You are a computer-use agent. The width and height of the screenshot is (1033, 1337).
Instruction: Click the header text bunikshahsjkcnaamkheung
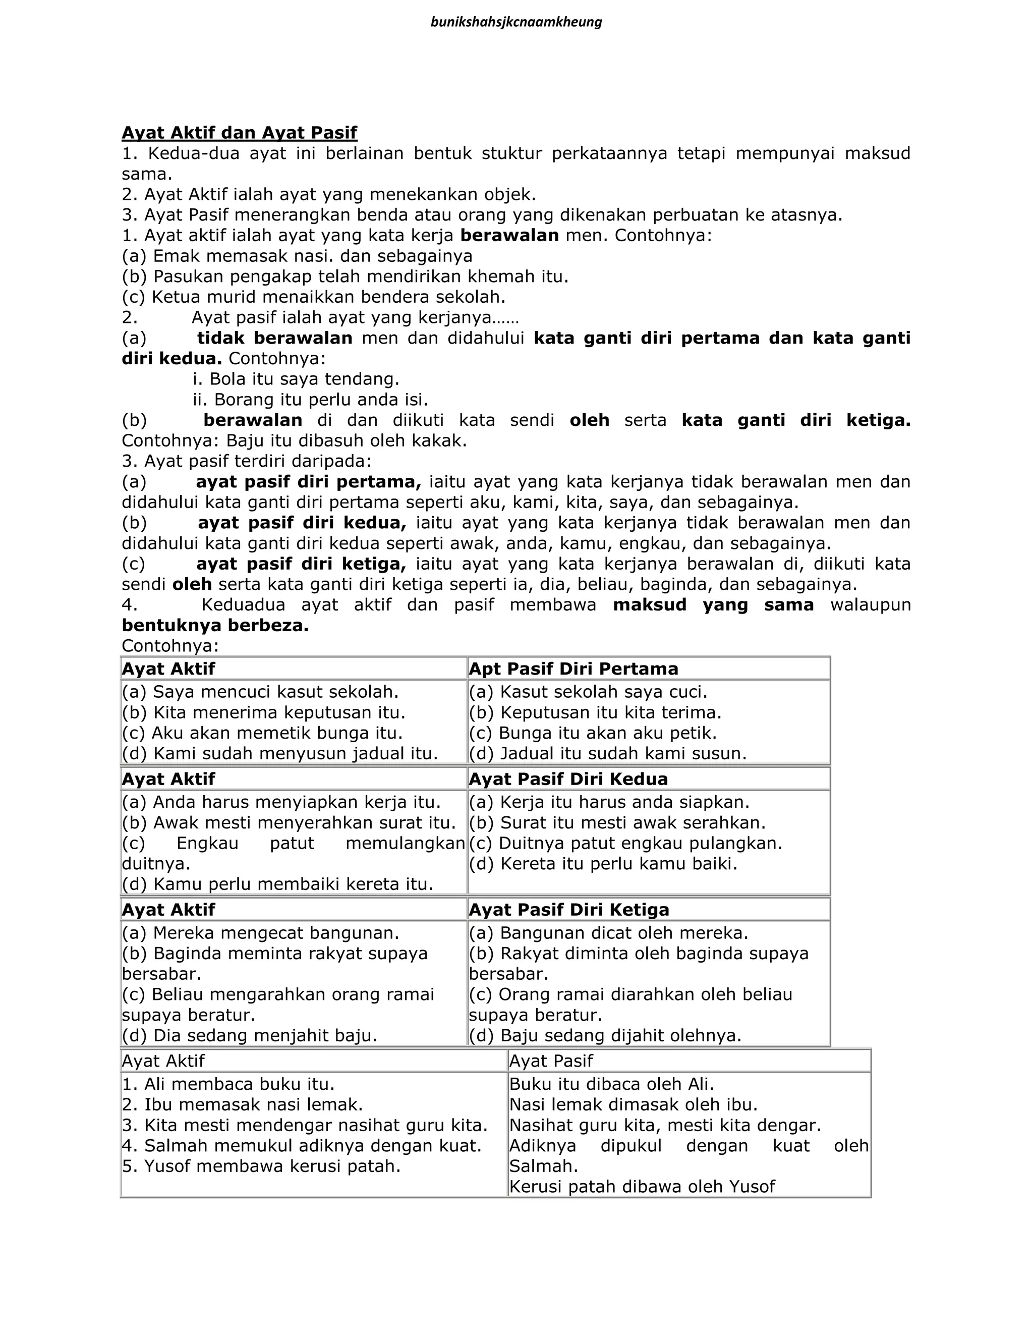coord(516,23)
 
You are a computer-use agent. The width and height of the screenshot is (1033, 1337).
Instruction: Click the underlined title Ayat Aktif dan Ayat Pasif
coord(239,132)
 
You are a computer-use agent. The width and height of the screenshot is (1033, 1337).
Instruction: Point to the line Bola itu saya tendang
coord(296,379)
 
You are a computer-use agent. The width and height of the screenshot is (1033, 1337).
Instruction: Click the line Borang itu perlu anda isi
coord(310,400)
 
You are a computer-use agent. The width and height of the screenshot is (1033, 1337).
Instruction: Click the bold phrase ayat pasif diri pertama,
coord(308,482)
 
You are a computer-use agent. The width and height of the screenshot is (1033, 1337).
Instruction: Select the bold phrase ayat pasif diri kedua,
coord(302,523)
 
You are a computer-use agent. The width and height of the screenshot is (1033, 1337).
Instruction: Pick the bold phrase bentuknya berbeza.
coord(215,626)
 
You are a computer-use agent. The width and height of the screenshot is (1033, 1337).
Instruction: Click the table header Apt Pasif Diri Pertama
coord(573,668)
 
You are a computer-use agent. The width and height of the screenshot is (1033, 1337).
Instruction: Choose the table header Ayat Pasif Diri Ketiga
coord(568,910)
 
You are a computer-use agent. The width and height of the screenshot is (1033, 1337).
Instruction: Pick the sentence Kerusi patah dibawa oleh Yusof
coord(642,1187)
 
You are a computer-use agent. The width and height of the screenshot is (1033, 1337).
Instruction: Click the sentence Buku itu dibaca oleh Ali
coord(611,1084)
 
